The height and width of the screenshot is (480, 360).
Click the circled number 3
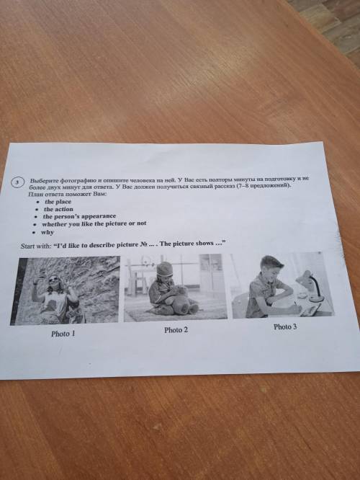(x=17, y=182)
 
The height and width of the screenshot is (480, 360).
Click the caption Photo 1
(x=63, y=334)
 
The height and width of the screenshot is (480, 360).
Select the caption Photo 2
(x=176, y=329)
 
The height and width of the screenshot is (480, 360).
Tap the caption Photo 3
(x=285, y=326)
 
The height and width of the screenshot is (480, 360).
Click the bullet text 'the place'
(x=58, y=202)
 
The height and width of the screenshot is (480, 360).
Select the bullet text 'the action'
(x=58, y=209)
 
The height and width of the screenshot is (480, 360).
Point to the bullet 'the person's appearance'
(x=79, y=216)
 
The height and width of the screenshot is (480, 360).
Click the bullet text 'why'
(x=48, y=232)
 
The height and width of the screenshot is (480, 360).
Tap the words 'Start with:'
(x=36, y=246)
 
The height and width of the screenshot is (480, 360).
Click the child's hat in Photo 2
(x=164, y=269)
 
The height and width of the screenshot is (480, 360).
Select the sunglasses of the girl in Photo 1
(x=53, y=279)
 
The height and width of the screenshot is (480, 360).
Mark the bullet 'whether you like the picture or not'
(x=94, y=223)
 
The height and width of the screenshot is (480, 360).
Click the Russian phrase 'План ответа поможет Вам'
(x=67, y=194)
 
